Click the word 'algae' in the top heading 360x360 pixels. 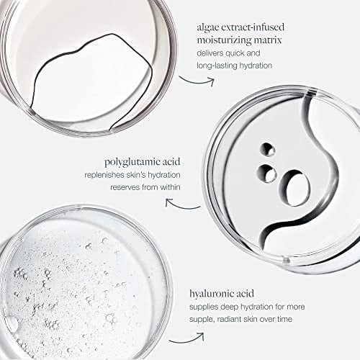coord(207,27)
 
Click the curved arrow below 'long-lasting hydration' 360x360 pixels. coord(197,82)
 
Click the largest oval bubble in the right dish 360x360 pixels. coord(294,188)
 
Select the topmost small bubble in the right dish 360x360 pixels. coord(267,149)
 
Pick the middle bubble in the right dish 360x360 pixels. coord(266,173)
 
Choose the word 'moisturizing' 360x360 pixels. coord(224,40)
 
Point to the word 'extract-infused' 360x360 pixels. coord(253,27)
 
